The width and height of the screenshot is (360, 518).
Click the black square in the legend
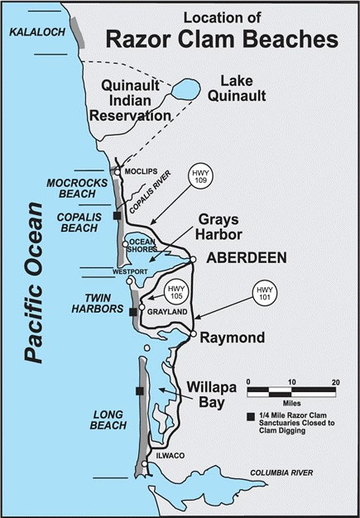click(x=250, y=415)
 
